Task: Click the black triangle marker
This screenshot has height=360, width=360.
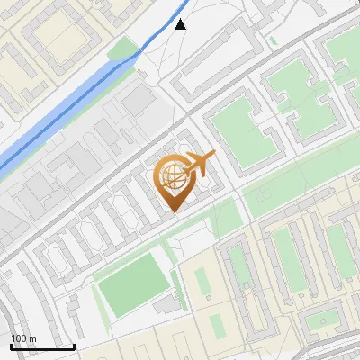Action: coord(181,24)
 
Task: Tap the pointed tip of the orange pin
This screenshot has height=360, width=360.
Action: coord(174,211)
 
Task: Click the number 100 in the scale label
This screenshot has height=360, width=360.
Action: coord(19,338)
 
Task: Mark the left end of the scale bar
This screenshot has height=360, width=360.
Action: coord(10,346)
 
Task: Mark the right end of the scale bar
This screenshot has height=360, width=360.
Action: coord(75,346)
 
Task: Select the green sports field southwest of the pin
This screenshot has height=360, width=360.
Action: coord(133,288)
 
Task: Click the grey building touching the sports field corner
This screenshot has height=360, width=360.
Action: coord(167,306)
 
